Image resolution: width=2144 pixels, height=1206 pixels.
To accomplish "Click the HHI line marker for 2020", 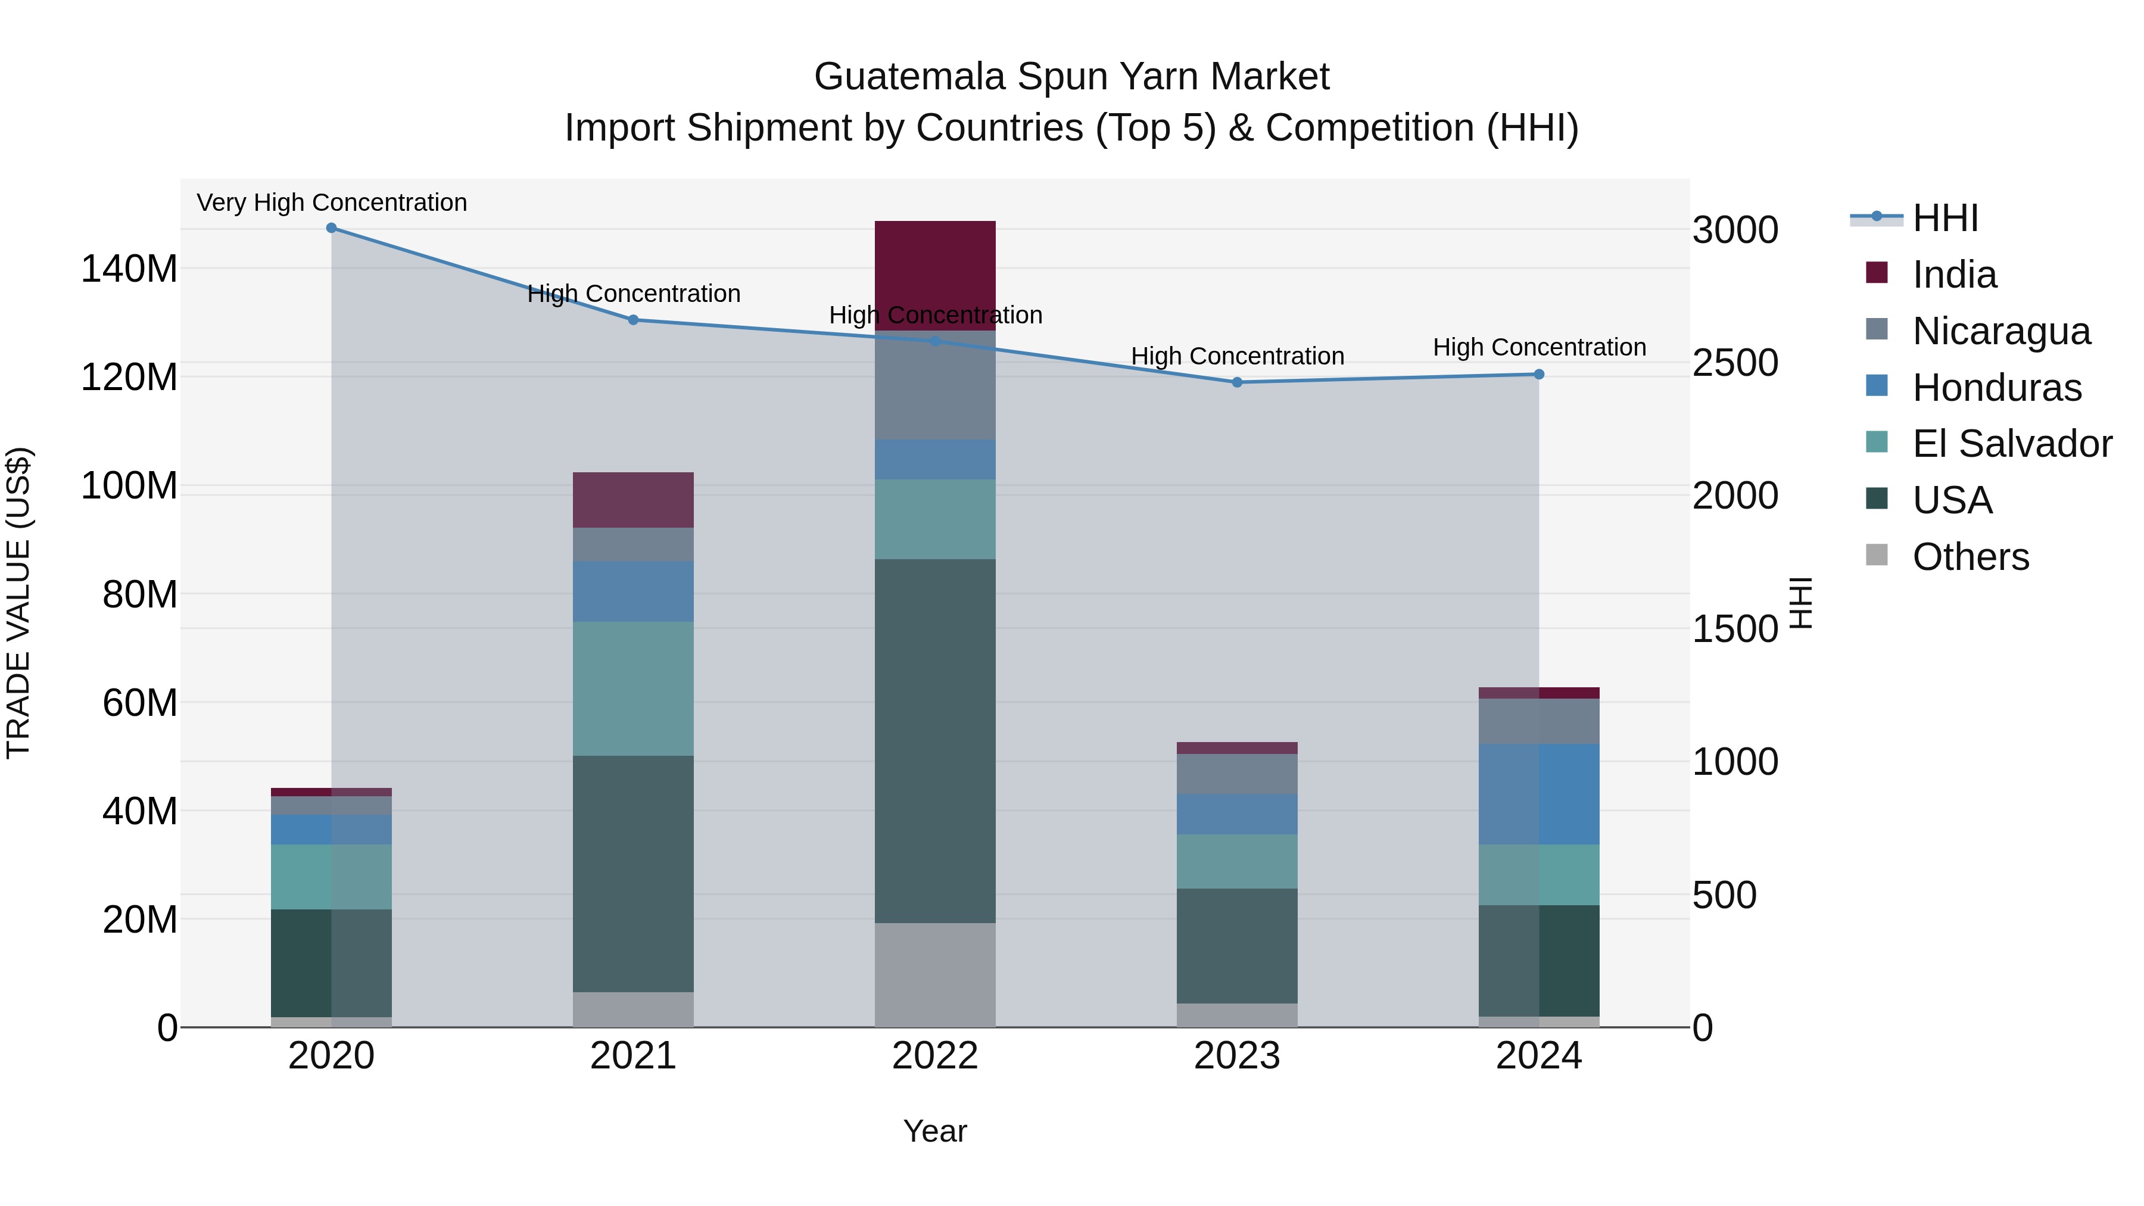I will coord(331,228).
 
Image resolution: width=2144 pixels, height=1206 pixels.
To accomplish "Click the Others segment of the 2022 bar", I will coord(934,974).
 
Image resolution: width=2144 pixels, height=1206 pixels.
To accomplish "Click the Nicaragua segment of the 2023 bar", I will coord(1237,774).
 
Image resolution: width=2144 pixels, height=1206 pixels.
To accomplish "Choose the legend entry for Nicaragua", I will coord(2001,331).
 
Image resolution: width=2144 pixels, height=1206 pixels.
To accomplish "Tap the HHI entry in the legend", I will coord(1944,218).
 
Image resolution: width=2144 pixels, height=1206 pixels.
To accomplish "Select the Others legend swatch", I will coord(1877,555).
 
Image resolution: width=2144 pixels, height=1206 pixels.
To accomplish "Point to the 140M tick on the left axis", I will coord(129,269).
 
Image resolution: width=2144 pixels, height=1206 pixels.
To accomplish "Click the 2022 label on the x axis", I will coord(934,1056).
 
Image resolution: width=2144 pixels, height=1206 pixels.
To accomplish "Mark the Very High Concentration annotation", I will coord(331,202).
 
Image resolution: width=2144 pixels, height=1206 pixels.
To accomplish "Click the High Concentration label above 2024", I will coord(1539,347).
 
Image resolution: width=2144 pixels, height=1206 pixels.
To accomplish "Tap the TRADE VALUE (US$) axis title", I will coord(19,603).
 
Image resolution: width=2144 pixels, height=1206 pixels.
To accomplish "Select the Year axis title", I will coord(934,1131).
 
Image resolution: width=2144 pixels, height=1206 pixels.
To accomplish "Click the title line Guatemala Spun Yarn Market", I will coord(1071,77).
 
